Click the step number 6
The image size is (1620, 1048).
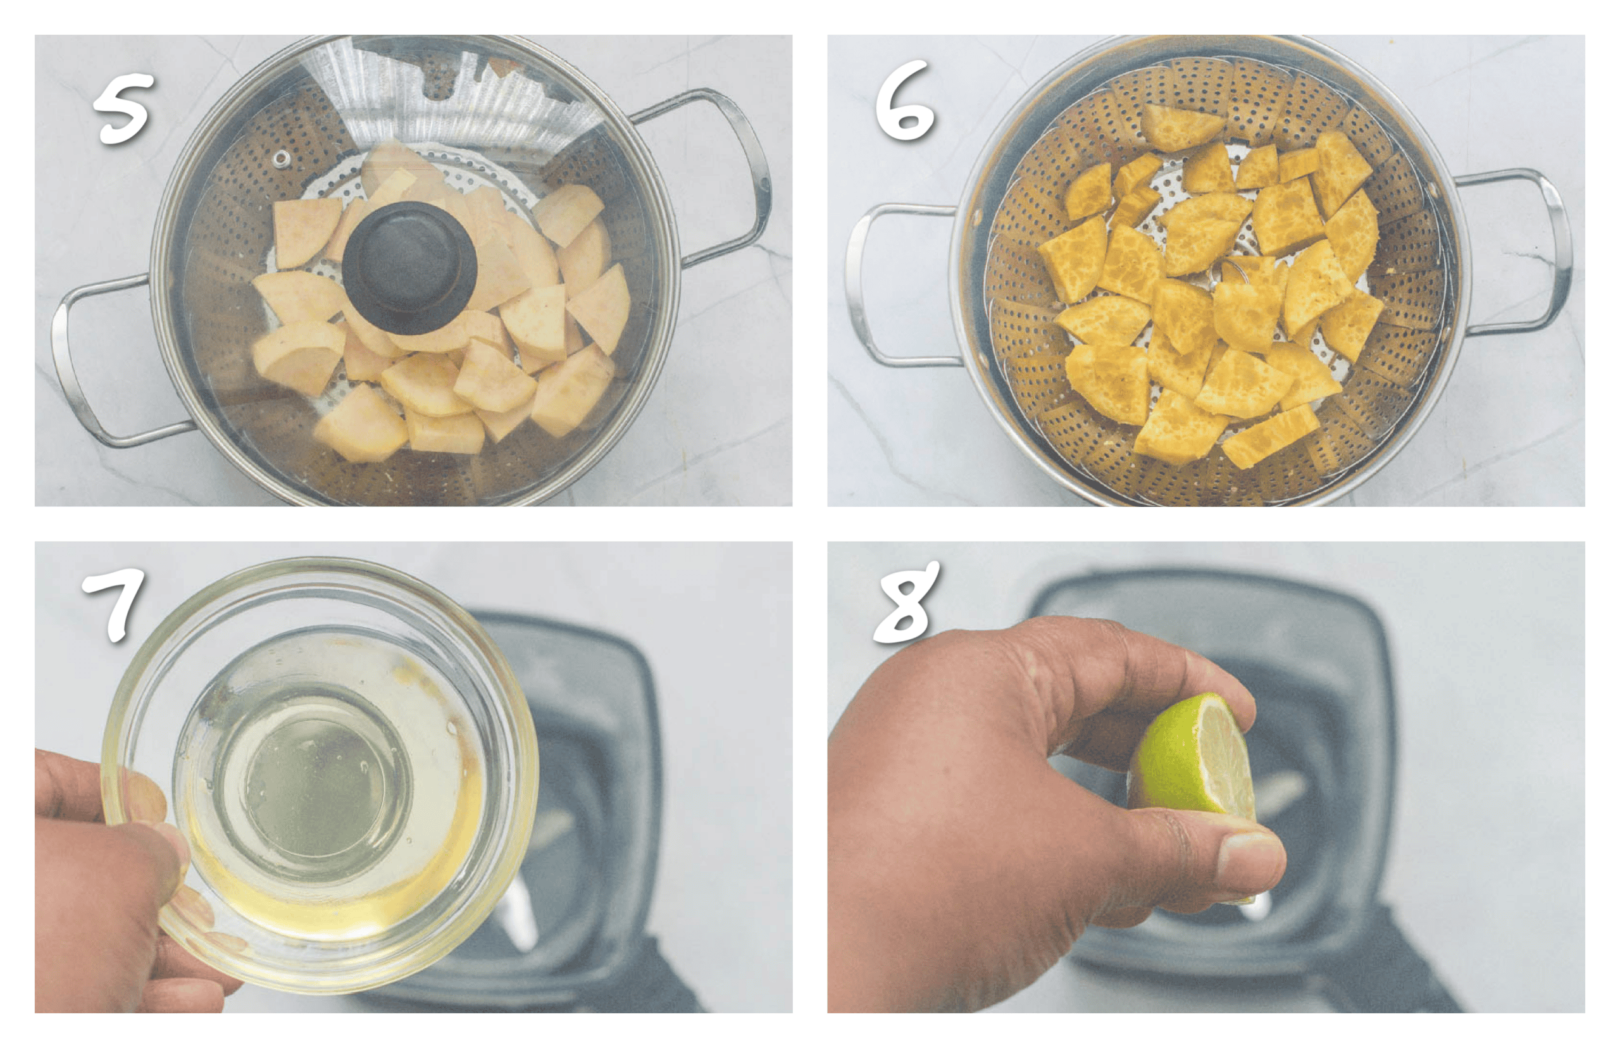tap(905, 102)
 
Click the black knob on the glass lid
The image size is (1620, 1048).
tap(409, 266)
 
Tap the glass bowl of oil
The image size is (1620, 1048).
tap(320, 776)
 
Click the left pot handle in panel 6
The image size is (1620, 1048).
tap(878, 286)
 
